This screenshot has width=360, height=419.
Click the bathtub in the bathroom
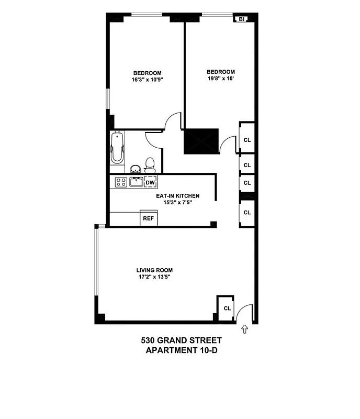click(x=117, y=149)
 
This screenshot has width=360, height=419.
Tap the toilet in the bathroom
click(x=150, y=165)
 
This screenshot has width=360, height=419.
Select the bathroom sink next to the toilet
click(x=136, y=169)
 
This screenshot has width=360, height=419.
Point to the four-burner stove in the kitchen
click(x=121, y=182)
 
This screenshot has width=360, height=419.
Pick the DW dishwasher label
click(x=150, y=182)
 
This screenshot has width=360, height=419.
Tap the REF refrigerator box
click(x=149, y=219)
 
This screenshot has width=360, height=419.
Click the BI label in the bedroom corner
click(x=241, y=19)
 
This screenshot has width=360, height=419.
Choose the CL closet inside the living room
click(x=227, y=308)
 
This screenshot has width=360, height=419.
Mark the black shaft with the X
click(x=201, y=141)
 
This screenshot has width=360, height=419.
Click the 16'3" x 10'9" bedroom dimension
click(x=147, y=80)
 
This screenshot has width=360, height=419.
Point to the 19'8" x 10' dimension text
click(x=220, y=79)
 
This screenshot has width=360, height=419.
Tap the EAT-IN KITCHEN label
click(x=178, y=196)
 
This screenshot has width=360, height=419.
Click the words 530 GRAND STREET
click(x=181, y=340)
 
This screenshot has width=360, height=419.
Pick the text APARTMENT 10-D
click(x=181, y=350)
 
